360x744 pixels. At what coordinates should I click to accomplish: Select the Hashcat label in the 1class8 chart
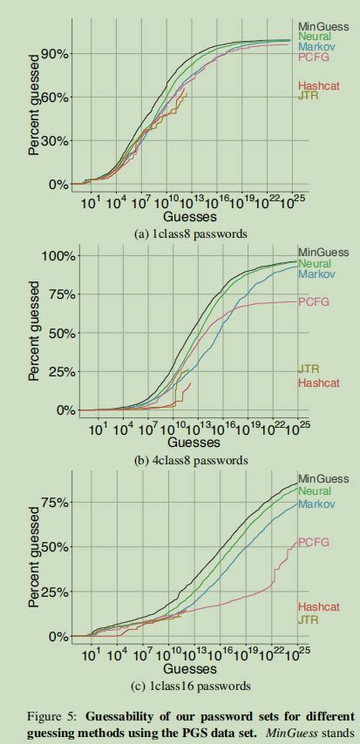[318, 85]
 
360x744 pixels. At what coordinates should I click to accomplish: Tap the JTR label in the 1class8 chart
[308, 96]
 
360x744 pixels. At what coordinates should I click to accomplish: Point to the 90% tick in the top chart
[55, 54]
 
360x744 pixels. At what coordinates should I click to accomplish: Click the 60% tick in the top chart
[55, 98]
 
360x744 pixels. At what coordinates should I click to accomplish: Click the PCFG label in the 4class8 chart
[314, 301]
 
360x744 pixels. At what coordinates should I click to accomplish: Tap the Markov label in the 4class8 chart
[316, 274]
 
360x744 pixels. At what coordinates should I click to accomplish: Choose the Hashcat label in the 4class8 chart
[318, 382]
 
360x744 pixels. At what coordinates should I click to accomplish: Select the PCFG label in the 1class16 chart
[314, 542]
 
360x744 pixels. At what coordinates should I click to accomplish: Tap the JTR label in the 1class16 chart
[308, 619]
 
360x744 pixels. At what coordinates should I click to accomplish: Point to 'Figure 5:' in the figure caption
[36, 715]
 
